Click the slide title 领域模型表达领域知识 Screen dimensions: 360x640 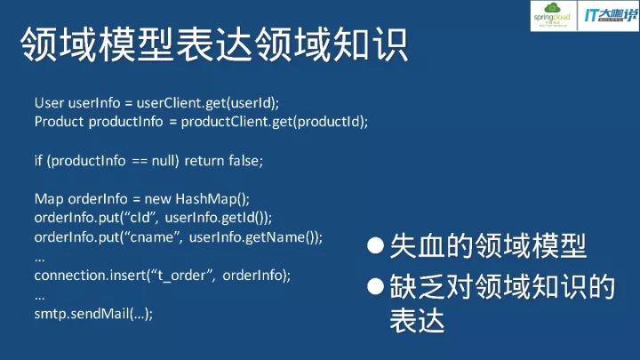[213, 45]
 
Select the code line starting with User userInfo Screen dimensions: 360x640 [163, 103]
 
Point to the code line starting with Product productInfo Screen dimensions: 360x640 [201, 122]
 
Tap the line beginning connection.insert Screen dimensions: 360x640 [163, 276]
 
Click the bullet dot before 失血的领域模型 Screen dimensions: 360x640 [376, 245]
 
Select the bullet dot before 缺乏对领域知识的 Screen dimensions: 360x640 [376, 285]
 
